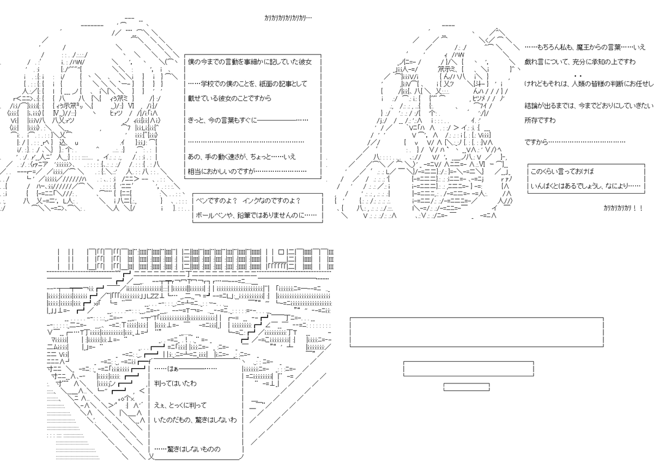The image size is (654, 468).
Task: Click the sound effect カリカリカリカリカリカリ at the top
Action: [x=288, y=18]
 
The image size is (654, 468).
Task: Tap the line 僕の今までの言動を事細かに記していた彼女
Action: [x=250, y=62]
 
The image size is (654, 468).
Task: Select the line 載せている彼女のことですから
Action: [x=229, y=98]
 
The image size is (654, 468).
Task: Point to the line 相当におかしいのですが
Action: [x=247, y=171]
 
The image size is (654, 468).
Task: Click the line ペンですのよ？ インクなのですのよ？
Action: [x=248, y=201]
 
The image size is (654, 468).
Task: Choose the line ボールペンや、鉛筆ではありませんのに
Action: [x=256, y=215]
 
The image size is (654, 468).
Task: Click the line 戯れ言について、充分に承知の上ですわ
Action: [x=580, y=62]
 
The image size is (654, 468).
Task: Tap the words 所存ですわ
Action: [x=540, y=121]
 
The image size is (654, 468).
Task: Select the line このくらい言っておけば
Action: [x=562, y=171]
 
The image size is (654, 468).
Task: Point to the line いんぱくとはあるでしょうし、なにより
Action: [x=585, y=186]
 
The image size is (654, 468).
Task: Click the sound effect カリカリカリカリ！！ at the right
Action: [x=623, y=208]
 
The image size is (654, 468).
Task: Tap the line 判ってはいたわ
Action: [x=175, y=383]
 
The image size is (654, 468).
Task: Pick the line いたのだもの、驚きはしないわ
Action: [x=195, y=420]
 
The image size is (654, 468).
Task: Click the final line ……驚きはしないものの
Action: [x=187, y=449]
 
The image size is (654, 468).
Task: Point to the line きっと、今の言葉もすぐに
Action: [x=248, y=120]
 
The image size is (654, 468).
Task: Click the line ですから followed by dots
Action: [x=575, y=142]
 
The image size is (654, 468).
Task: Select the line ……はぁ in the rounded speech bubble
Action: [x=185, y=369]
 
